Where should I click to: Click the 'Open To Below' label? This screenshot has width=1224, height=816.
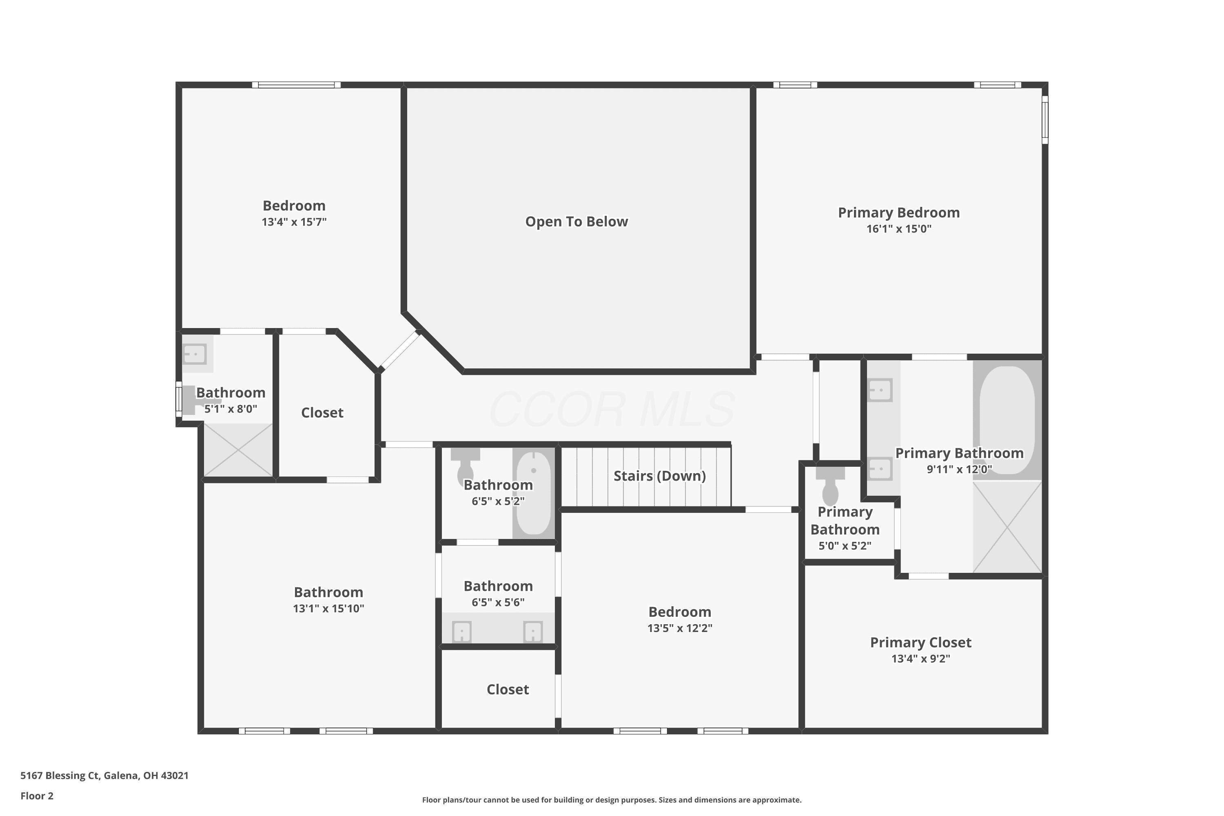(x=577, y=222)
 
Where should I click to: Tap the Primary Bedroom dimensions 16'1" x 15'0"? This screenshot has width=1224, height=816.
(x=899, y=228)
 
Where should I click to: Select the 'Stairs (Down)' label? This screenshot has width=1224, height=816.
(x=659, y=476)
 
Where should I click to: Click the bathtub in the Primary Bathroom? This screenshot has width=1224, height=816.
(x=1007, y=420)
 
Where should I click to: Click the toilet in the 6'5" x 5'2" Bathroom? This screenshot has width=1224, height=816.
(x=465, y=466)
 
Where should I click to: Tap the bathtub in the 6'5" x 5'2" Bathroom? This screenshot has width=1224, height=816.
(x=533, y=493)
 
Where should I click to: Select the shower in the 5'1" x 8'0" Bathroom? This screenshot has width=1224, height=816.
(x=238, y=450)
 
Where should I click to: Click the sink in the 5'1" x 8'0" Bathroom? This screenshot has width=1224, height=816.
(x=195, y=354)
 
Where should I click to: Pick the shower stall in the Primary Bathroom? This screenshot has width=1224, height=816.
(x=1007, y=527)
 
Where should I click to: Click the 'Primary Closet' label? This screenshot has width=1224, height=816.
(x=920, y=642)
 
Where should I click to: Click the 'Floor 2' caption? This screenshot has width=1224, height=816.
(x=37, y=796)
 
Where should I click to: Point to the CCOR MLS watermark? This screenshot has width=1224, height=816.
(x=612, y=409)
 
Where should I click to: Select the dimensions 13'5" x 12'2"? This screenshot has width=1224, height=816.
(x=680, y=628)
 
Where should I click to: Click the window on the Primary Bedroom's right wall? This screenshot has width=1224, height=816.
(x=1044, y=120)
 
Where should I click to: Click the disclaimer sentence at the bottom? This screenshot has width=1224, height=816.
(x=612, y=800)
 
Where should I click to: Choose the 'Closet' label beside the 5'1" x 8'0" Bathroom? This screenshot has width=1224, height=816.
(x=322, y=412)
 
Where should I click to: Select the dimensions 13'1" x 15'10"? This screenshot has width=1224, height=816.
(x=328, y=608)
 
